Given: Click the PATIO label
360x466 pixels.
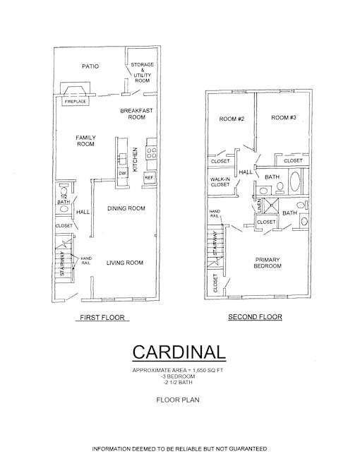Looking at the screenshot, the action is point(90,66).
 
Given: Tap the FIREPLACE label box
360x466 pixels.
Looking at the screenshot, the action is point(76,102).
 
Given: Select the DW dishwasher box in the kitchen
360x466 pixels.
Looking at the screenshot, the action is point(123,173).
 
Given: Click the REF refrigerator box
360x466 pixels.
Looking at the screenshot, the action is point(149,177).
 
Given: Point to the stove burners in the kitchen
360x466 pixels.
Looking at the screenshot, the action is point(151,153).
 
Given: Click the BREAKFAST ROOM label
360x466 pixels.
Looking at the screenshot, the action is point(136,114).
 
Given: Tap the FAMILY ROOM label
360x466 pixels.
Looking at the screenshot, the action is point(85,141).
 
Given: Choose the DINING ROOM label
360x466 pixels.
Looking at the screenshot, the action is point(126,208).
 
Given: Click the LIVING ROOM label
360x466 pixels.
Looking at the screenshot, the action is point(125,263).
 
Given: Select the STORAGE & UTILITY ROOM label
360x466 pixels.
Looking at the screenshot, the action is point(143,73).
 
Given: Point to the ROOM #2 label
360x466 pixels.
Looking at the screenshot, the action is point(232,119).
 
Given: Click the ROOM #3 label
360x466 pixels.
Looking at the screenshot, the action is point(284,118).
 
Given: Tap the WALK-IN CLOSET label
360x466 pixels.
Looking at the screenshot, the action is point(220,182).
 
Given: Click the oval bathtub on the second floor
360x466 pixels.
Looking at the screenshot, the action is point(295,181).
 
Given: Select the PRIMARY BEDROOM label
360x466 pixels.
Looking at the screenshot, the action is point(268,263).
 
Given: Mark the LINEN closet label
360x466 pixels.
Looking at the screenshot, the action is point(259,206).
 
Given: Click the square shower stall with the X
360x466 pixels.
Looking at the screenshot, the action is point(271,205).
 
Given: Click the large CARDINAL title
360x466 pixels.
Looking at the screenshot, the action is point(179,352).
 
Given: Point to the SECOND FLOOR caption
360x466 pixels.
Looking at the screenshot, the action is point(255,317).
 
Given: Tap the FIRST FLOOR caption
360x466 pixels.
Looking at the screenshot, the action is point(102,318).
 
